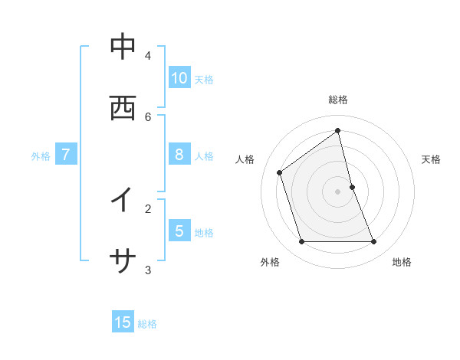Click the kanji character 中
[123, 47]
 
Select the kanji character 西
[123, 108]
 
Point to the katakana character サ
[123, 261]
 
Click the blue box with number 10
[179, 77]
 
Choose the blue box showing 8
[179, 155]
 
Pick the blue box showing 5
[179, 231]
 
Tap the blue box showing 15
[123, 322]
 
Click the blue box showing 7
[66, 155]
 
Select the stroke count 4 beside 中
[148, 55]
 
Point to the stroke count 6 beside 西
[148, 116]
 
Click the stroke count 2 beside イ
[148, 208]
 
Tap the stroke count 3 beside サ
[148, 270]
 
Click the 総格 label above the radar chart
[338, 100]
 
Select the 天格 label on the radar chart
[431, 159]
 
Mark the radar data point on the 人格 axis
[280, 172]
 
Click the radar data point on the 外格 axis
[301, 242]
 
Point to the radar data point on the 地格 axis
[374, 242]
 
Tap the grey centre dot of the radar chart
[338, 191]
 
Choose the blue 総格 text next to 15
[147, 324]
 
